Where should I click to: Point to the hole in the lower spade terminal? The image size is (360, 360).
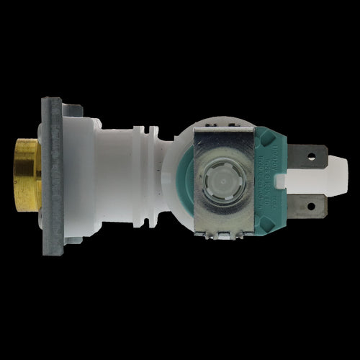click(x=311, y=207)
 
